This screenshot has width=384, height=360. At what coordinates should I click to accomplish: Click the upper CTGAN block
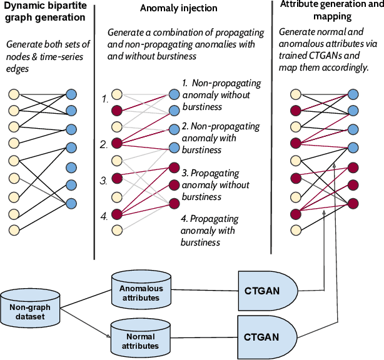[266, 291]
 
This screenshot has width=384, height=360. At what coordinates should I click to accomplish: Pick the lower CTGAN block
[266, 336]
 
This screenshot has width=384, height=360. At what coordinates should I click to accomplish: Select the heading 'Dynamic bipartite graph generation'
[44, 12]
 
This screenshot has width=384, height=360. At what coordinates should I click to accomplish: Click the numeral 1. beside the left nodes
[105, 99]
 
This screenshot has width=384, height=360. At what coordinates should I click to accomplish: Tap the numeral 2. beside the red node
[105, 144]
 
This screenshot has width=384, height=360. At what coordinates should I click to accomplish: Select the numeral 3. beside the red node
[105, 181]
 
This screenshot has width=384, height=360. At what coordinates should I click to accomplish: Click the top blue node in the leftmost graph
[71, 94]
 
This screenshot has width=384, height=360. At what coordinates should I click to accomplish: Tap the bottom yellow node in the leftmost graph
[14, 228]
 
